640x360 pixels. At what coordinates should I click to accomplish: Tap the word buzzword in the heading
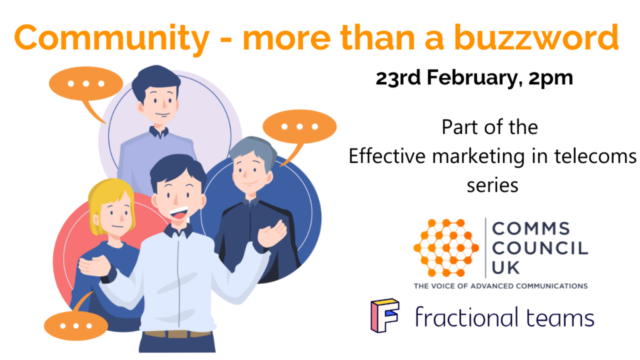coord(536,37)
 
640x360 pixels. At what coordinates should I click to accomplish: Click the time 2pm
coord(551,79)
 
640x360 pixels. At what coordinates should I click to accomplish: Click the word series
coord(492,186)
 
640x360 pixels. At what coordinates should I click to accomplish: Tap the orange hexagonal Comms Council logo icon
coord(446,247)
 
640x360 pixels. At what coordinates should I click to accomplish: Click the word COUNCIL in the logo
coord(540,248)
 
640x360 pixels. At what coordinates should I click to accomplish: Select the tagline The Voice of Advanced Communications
coord(501,286)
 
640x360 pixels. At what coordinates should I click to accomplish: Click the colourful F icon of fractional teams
coord(384,315)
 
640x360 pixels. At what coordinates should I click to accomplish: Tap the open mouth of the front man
coord(178,213)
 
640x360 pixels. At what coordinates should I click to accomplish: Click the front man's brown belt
coord(177,334)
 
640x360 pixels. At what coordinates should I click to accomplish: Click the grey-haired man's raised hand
coord(271,234)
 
